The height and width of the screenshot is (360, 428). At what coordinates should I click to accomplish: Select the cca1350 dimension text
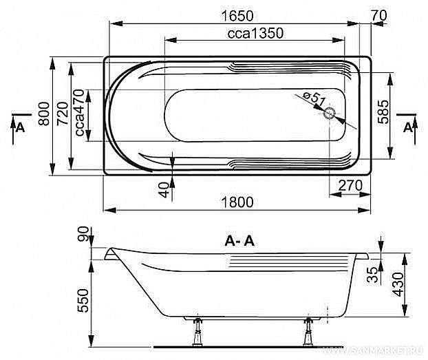point(255,33)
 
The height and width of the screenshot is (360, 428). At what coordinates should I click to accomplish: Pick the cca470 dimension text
point(81,113)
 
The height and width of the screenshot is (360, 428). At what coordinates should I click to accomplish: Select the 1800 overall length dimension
point(239,202)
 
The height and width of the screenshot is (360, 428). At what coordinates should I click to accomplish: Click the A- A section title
point(239,241)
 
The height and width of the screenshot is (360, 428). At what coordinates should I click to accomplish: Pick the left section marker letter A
point(20,127)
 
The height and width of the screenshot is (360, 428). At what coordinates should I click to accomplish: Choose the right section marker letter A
point(408,127)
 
